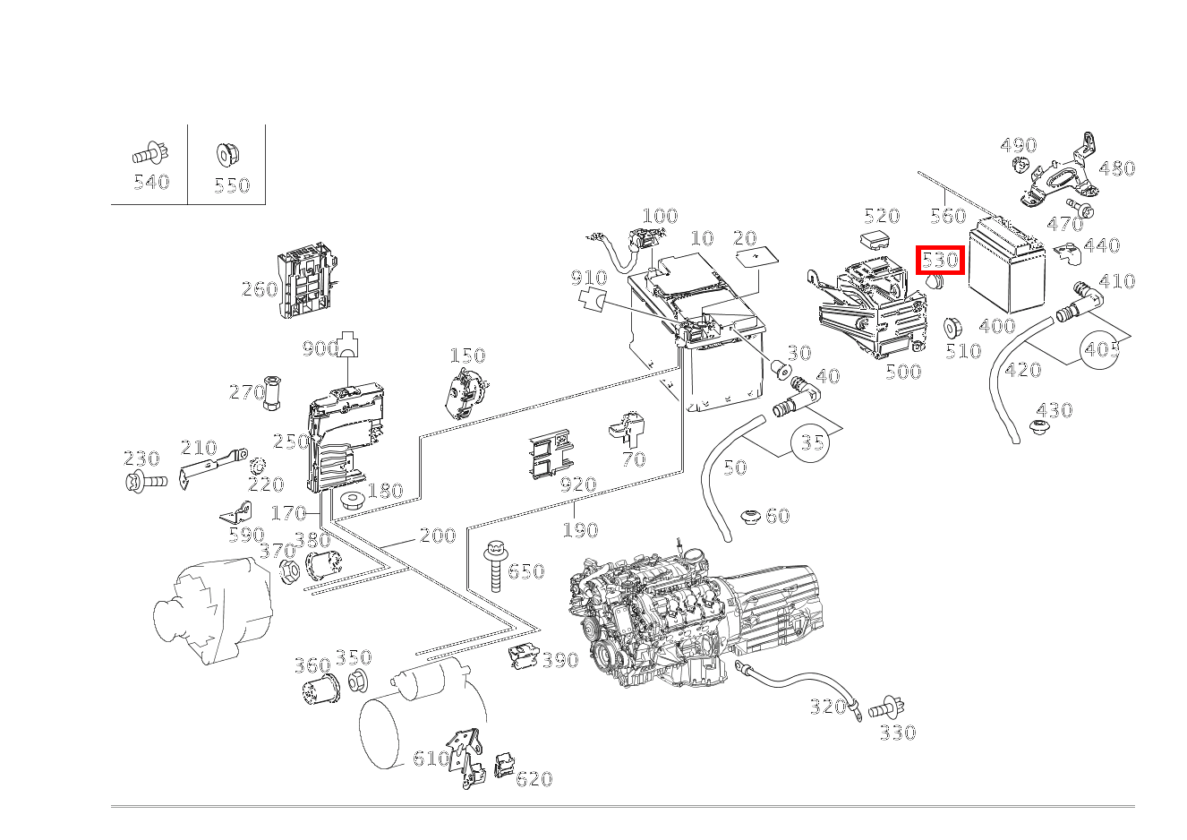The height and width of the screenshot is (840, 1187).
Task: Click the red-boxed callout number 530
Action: pyautogui.click(x=940, y=261)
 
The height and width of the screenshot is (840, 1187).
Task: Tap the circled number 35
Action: pyautogui.click(x=812, y=442)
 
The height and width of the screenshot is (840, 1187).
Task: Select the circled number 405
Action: pyautogui.click(x=1103, y=349)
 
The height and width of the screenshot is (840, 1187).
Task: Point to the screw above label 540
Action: pyautogui.click(x=150, y=154)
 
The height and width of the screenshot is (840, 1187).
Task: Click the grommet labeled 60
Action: pyautogui.click(x=749, y=517)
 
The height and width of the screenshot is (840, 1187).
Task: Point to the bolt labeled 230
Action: pyautogui.click(x=145, y=483)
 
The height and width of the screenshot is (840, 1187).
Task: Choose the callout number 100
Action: pyautogui.click(x=660, y=216)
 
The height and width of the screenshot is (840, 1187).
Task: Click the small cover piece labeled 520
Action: pyautogui.click(x=875, y=241)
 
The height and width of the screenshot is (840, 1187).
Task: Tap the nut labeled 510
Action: pyautogui.click(x=953, y=326)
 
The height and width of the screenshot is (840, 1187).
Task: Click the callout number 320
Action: pyautogui.click(x=827, y=707)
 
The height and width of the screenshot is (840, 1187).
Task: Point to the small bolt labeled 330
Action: pyautogui.click(x=885, y=707)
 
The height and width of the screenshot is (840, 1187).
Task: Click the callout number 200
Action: pyautogui.click(x=438, y=536)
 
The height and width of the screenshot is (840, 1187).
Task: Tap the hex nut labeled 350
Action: pyautogui.click(x=356, y=681)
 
